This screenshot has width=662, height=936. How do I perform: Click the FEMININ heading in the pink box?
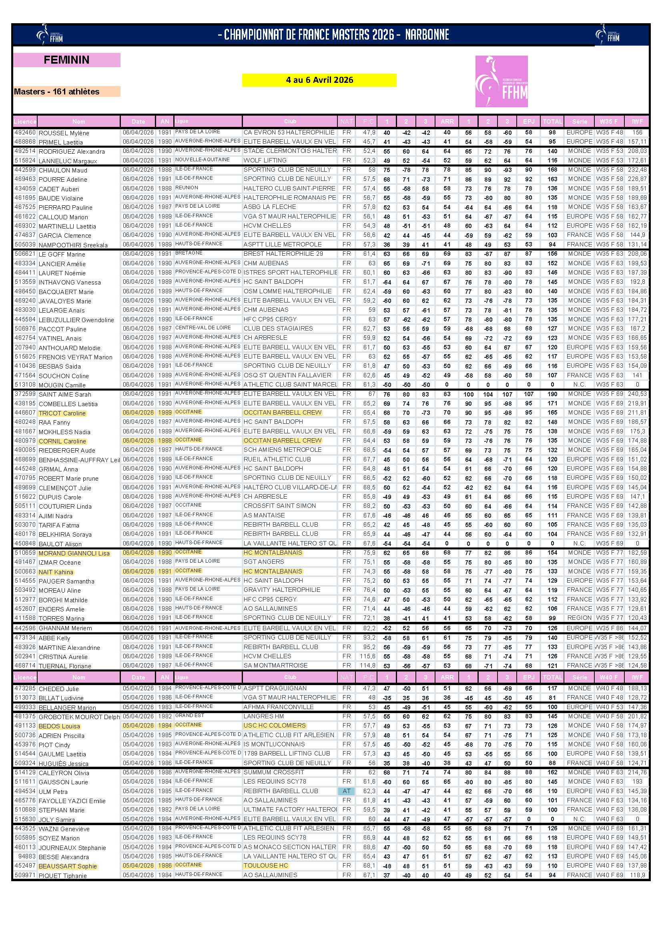coord(66,60)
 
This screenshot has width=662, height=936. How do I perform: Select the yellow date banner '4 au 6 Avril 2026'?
coord(319,80)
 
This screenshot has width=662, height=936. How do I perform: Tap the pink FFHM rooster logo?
coord(501,82)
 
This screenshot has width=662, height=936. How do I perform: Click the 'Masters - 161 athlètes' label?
coord(57,92)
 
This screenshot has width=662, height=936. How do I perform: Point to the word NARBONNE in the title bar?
coord(427,35)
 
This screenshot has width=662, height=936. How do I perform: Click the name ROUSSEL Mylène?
coord(64,133)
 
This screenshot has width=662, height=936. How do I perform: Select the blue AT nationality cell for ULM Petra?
coord(347,791)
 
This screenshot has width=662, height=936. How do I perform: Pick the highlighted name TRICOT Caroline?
coord(62,413)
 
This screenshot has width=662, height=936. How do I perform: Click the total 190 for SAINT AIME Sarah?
coord(552,394)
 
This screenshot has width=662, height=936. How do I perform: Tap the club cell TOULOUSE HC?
coord(266,866)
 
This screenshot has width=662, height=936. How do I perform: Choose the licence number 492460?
coord(25,133)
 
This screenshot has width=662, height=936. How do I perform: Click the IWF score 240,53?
coord(637,394)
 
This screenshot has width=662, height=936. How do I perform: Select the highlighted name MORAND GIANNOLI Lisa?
coord(74,553)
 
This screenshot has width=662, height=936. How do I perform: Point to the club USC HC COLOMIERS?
coord(274,725)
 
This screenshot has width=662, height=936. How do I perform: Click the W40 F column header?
coord(609,677)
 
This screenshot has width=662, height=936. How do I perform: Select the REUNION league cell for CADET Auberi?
coord(187,188)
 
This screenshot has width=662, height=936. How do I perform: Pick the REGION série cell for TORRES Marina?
coord(579,617)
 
